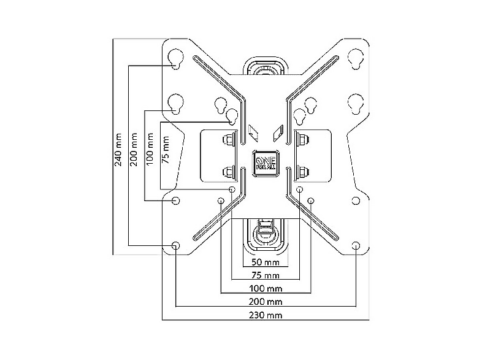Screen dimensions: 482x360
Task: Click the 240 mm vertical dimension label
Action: (x=118, y=150)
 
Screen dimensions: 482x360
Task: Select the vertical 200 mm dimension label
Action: (x=134, y=150)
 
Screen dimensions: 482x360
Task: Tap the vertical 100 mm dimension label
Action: (x=150, y=149)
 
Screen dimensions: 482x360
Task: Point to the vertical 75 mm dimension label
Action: (x=166, y=150)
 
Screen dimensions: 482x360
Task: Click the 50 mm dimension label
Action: (x=266, y=262)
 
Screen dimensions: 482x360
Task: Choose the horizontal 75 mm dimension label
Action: (x=266, y=275)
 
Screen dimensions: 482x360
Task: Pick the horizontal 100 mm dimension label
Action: (x=266, y=288)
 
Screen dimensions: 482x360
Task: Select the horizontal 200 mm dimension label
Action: (x=266, y=302)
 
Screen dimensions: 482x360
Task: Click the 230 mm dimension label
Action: (x=266, y=315)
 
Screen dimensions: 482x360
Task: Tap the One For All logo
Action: (x=266, y=163)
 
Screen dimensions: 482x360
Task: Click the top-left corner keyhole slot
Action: (x=175, y=58)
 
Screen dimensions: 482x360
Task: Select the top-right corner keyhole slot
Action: (x=356, y=58)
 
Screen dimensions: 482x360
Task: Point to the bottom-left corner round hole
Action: (x=175, y=246)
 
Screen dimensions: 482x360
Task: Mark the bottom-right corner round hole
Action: (x=356, y=246)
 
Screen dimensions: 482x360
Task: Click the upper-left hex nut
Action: (x=228, y=140)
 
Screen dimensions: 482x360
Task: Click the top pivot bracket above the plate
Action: (x=266, y=66)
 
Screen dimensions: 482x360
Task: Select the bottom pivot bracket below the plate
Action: (x=266, y=235)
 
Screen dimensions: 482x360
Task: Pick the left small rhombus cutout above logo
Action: (x=253, y=133)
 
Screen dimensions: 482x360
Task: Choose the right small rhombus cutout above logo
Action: (x=278, y=133)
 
